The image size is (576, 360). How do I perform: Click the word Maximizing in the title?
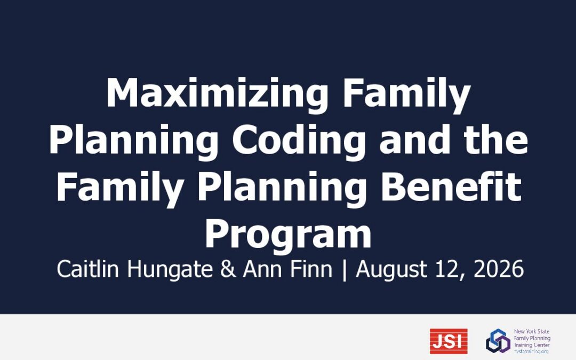(x=217, y=93)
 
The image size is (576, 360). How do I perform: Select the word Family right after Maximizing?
(x=406, y=93)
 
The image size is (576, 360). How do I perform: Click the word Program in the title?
(x=288, y=235)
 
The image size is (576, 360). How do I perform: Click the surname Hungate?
(x=170, y=270)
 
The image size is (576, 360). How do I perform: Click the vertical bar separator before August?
(x=344, y=270)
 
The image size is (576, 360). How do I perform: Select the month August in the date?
(x=391, y=270)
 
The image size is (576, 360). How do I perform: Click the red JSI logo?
(x=449, y=341)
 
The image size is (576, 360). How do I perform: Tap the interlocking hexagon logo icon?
(x=498, y=341)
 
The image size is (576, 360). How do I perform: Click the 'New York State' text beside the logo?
(x=532, y=331)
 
